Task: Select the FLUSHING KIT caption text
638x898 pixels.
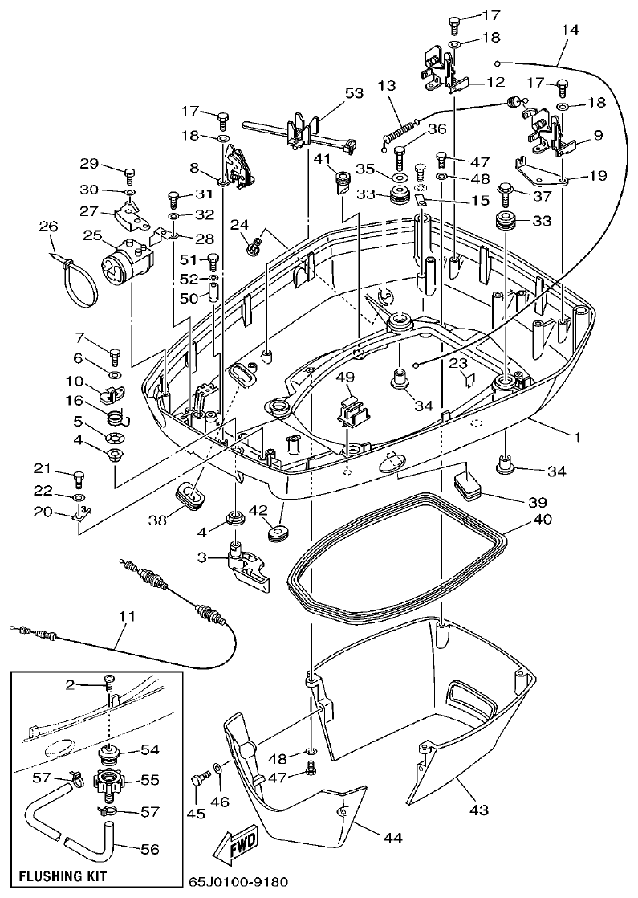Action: click(x=63, y=875)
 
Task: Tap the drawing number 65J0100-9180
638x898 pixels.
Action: click(x=239, y=882)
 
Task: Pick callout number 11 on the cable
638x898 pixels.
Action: click(x=126, y=617)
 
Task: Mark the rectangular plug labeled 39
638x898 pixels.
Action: click(x=465, y=485)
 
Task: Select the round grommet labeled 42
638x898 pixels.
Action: click(x=276, y=533)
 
